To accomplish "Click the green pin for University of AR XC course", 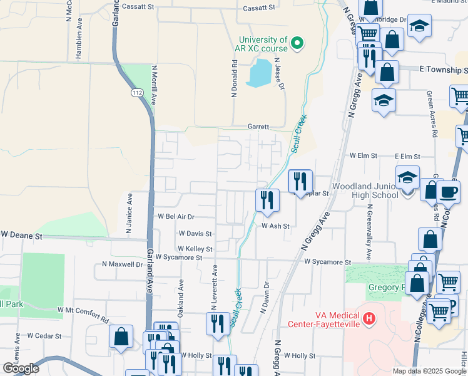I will pos(298,43).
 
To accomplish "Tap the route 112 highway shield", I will pos(137,93).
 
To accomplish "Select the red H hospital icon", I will pos(369,319).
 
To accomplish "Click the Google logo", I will pos(20,368).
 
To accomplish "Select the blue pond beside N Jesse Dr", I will pos(260,73).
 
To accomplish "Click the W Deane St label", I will pos(21,235).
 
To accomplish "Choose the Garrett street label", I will pos(258,126).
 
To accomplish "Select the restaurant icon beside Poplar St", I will pos(300,181).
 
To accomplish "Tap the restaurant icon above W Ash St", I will pos(267,200).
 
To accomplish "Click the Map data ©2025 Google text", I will pos(429,371).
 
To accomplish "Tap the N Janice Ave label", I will pos(130,213).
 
